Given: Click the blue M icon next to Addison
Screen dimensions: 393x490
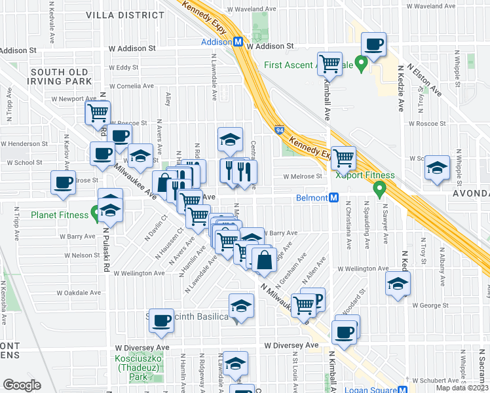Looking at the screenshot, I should [238, 41].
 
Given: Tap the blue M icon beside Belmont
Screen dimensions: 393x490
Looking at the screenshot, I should [333, 198].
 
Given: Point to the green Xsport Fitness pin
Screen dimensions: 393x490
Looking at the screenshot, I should [379, 189].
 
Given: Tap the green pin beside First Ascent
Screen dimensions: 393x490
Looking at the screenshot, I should [360, 64].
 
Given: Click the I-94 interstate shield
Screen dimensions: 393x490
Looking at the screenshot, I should [279, 130].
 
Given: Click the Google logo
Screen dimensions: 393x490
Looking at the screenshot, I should [22, 384].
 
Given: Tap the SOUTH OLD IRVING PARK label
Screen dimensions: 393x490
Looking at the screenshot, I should [59, 76].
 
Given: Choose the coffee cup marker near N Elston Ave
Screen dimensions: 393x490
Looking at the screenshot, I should [374, 45].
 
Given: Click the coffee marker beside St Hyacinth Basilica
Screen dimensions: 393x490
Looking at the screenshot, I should [161, 320].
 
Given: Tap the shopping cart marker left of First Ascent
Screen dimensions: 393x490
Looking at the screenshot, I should [330, 64].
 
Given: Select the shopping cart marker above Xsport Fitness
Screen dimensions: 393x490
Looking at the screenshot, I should [343, 158].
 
